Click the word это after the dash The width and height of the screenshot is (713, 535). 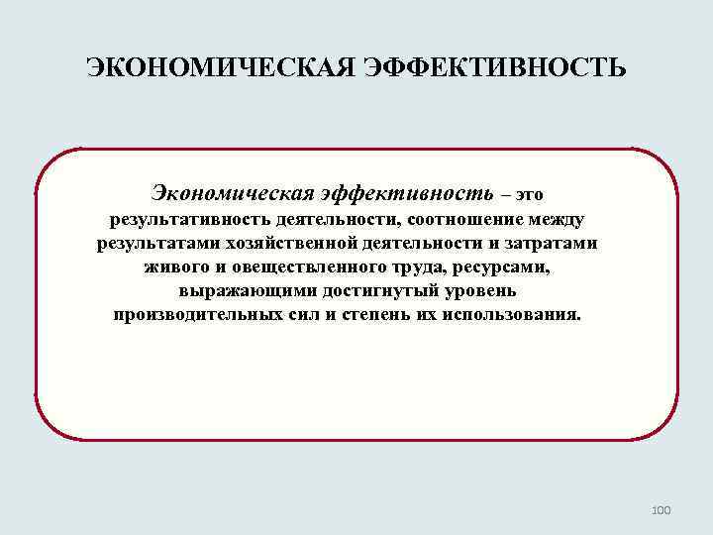(529, 191)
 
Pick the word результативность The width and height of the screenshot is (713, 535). (191, 219)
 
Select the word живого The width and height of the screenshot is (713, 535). (177, 267)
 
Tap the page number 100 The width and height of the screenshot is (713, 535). (662, 510)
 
